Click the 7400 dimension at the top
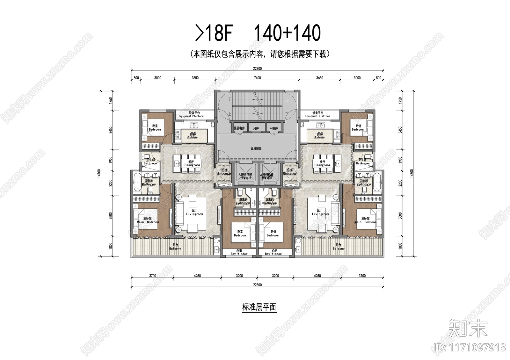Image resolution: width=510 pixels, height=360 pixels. click(257, 78)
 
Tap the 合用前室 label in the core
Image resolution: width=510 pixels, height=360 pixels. click(256, 148)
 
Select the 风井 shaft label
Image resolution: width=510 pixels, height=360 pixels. click(256, 128)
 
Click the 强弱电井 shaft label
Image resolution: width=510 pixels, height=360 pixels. click(239, 128)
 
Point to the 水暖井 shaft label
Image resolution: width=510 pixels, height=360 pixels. click(273, 128)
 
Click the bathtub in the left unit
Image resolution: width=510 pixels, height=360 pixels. click(137, 183)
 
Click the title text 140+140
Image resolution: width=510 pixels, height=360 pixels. click(287, 33)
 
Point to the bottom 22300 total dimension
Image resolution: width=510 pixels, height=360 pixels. click(257, 285)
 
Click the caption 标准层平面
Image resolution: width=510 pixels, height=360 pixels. click(259, 307)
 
